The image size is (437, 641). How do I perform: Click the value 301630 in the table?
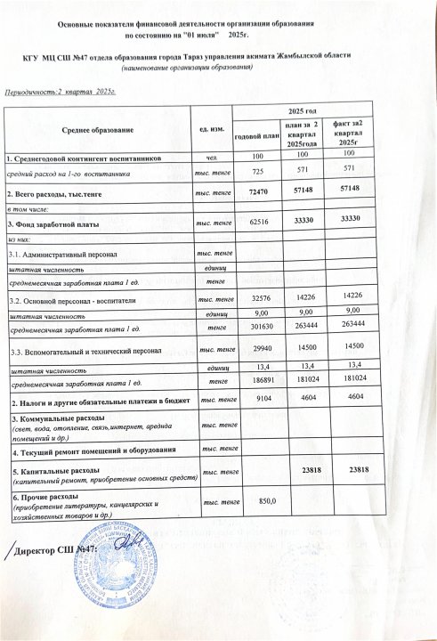(256, 327)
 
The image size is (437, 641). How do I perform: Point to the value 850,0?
(255, 502)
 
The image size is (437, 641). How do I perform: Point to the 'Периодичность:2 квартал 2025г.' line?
(61, 92)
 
